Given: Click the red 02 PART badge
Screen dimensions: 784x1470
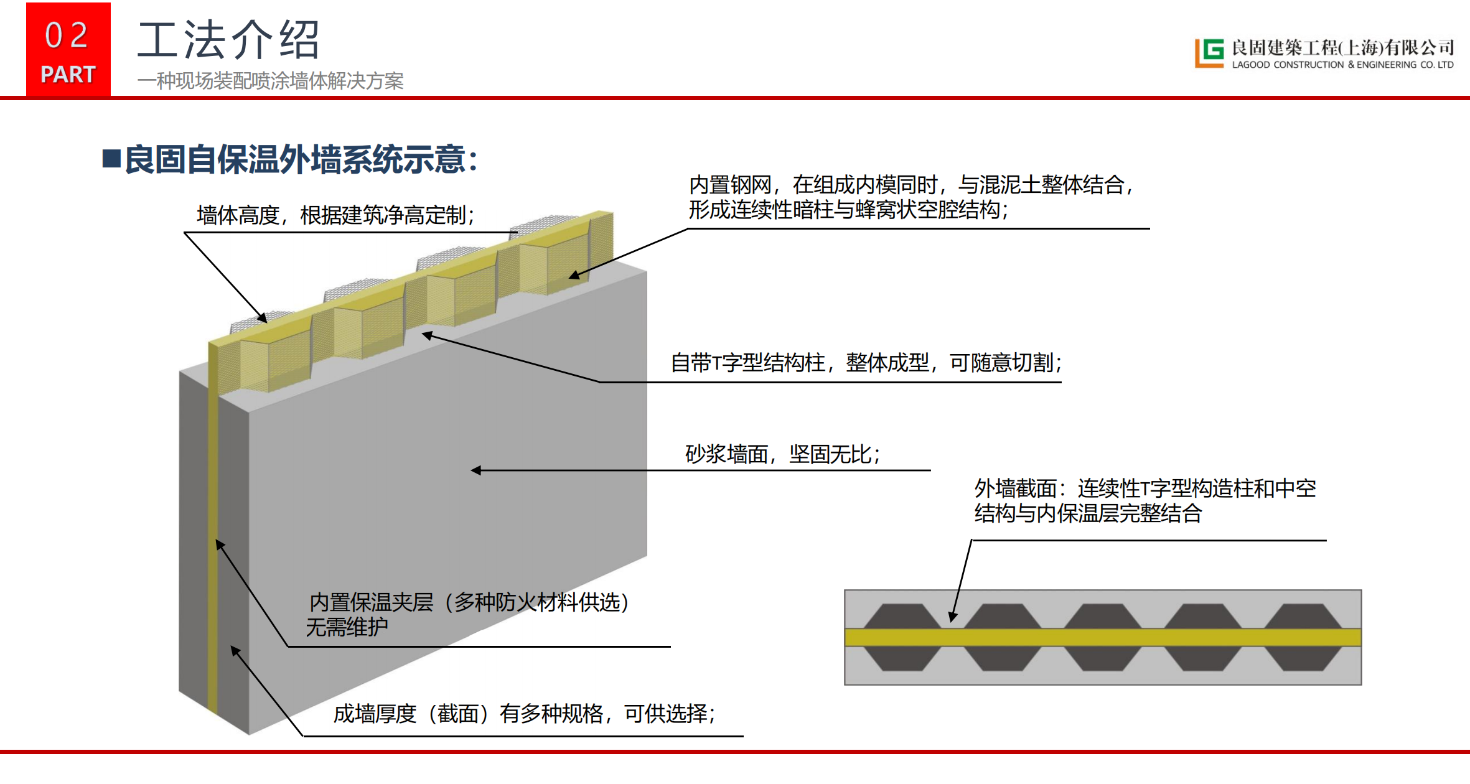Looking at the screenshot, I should click(x=68, y=50).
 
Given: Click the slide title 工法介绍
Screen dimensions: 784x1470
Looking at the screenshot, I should click(x=228, y=40).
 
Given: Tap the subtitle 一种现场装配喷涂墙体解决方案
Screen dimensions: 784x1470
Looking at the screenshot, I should click(x=271, y=81).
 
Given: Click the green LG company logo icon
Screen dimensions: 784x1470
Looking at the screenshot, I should click(x=1209, y=53).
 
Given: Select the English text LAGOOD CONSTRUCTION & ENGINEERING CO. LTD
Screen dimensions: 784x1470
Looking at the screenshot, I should click(x=1342, y=65).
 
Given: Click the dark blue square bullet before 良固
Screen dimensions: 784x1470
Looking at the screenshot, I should click(x=111, y=159).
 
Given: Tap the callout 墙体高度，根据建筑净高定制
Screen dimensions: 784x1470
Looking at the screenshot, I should click(x=335, y=215).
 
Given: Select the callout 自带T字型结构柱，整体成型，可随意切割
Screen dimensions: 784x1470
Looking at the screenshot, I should click(x=866, y=363).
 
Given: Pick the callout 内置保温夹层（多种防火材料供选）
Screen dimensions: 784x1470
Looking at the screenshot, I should click(x=469, y=602).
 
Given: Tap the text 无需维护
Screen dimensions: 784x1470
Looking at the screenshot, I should click(x=347, y=627).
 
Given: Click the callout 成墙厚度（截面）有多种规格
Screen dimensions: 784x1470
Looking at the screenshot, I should click(x=524, y=714).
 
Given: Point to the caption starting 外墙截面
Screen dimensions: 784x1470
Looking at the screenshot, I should click(x=1145, y=501).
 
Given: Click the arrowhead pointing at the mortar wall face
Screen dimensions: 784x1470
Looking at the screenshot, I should click(x=476, y=470).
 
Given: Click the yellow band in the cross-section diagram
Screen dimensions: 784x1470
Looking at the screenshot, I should click(x=1102, y=637).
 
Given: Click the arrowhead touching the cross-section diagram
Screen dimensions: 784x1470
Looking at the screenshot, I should click(x=952, y=617).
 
